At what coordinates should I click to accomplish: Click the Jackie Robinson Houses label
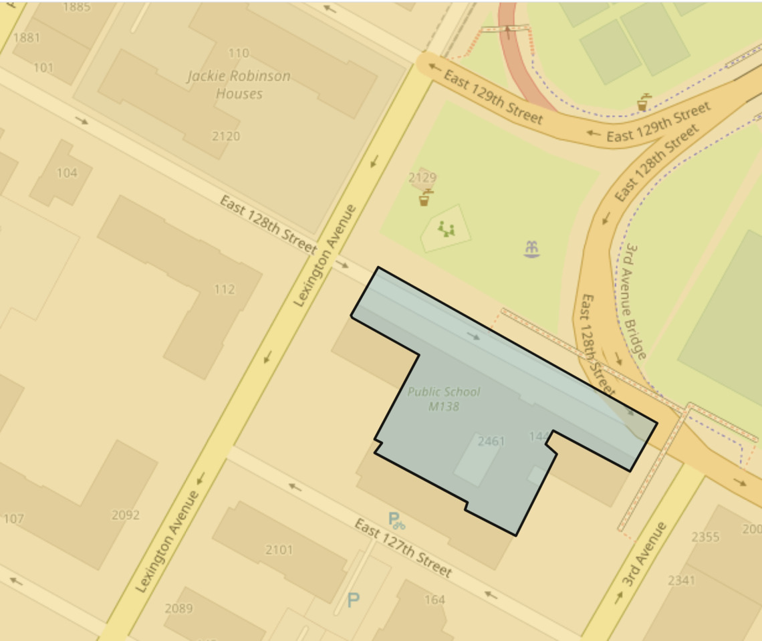(239, 85)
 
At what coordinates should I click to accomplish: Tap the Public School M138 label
(444, 399)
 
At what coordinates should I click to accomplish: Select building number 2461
(491, 441)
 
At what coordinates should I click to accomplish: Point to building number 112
(225, 289)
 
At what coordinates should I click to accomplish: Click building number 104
(67, 173)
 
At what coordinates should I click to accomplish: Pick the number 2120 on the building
(226, 136)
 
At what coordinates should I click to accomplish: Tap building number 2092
(126, 515)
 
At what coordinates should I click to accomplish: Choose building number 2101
(279, 550)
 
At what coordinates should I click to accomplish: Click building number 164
(434, 600)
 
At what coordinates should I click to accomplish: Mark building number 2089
(178, 608)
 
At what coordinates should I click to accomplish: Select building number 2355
(705, 537)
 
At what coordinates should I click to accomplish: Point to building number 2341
(682, 580)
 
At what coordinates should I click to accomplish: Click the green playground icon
(446, 230)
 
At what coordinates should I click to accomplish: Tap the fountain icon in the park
(532, 248)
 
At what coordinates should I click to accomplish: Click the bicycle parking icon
(396, 519)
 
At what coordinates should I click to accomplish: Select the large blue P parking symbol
(353, 600)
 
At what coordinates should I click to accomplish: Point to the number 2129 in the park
(422, 178)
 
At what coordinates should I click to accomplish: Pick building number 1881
(26, 38)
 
